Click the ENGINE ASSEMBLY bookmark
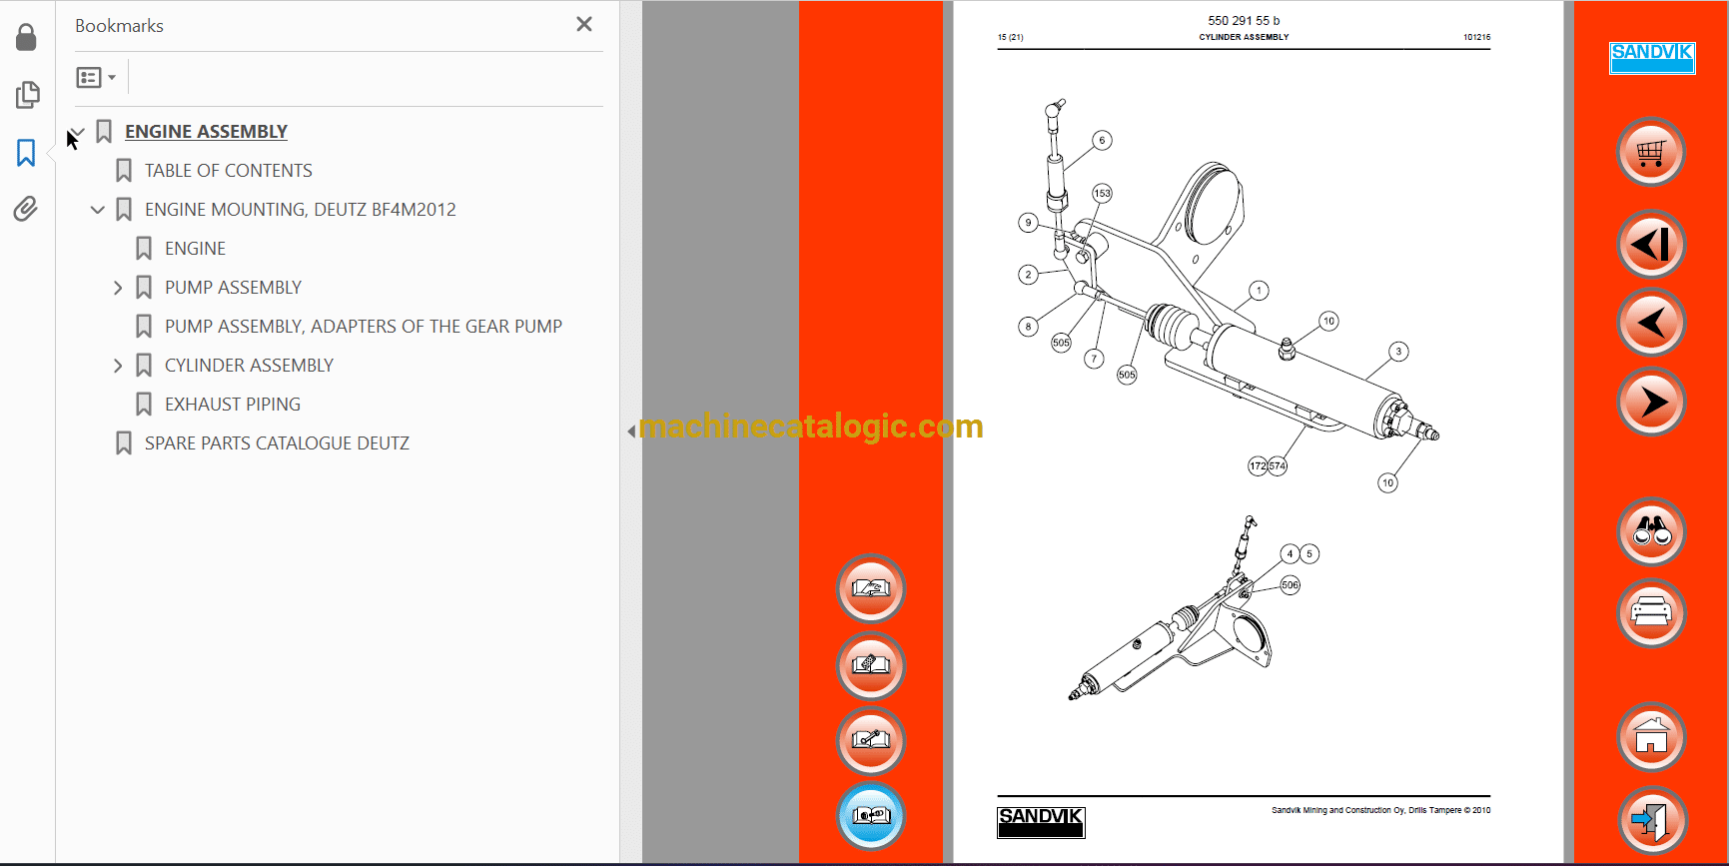[x=206, y=132]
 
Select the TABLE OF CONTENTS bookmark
[x=228, y=171]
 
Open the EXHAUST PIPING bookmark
[x=232, y=405]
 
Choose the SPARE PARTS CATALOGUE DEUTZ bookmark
[x=277, y=443]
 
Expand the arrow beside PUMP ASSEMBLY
[x=118, y=288]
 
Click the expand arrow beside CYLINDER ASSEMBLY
[x=118, y=366]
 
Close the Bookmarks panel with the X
[x=584, y=24]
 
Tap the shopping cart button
[x=1651, y=153]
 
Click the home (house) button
[x=1651, y=737]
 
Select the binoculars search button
[x=1651, y=531]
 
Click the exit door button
[x=1651, y=820]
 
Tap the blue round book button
[x=871, y=815]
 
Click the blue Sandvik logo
[x=1652, y=58]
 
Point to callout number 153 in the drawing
[x=1102, y=193]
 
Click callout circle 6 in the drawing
[x=1102, y=140]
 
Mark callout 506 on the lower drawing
[x=1291, y=585]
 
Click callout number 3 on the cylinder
[x=1398, y=351]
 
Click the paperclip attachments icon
[x=26, y=209]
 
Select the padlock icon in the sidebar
[x=26, y=38]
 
